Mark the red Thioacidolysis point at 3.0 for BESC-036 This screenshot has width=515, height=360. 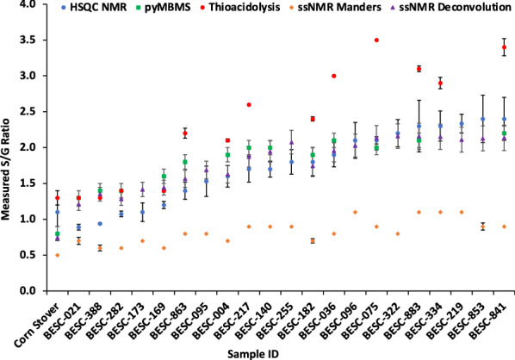pyautogui.click(x=334, y=76)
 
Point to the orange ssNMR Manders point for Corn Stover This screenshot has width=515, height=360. pyautogui.click(x=58, y=255)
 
